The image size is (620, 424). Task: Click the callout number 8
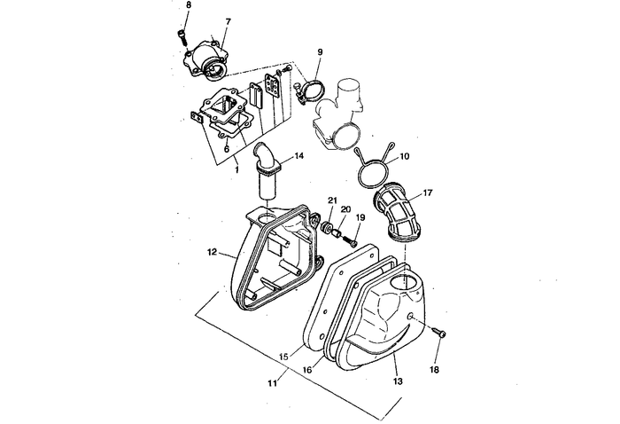click(x=188, y=6)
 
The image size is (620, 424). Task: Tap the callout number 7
click(x=228, y=20)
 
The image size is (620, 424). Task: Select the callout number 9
click(x=320, y=52)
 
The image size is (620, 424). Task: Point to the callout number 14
click(x=299, y=156)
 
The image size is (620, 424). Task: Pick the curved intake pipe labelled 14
click(x=266, y=174)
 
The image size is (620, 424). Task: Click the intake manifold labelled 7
click(x=211, y=59)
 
